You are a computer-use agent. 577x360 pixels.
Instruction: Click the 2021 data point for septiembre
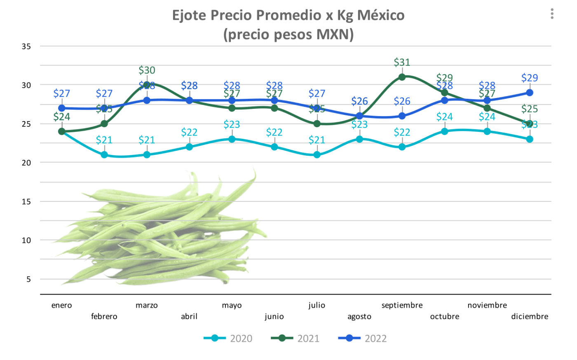click(402, 77)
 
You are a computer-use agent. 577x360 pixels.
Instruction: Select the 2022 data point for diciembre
click(530, 93)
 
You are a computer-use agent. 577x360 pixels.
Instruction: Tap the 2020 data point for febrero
click(104, 155)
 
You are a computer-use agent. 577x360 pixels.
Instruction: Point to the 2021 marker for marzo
click(147, 85)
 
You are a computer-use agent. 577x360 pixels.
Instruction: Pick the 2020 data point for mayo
click(232, 139)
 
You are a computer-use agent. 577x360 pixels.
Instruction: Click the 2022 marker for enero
click(62, 108)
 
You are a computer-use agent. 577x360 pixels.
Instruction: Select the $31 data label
click(402, 62)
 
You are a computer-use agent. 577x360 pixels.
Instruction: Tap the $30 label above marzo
click(147, 70)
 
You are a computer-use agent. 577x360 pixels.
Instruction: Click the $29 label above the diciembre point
click(530, 78)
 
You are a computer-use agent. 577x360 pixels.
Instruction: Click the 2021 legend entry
click(295, 339)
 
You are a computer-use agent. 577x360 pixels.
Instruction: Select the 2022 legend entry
click(363, 339)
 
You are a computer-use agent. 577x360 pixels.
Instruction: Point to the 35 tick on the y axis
click(26, 47)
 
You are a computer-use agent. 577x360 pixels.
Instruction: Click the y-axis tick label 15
click(26, 202)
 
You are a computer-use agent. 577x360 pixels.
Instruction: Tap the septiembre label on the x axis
click(402, 305)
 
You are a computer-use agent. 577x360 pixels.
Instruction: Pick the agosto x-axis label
click(359, 316)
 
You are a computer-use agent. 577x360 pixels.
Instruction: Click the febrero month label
click(104, 316)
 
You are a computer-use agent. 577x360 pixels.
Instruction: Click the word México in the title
click(381, 15)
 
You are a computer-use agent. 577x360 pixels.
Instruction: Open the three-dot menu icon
click(552, 14)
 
